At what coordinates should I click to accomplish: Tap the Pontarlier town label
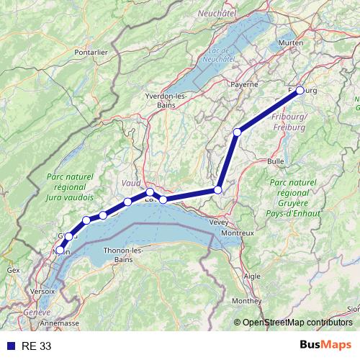91,52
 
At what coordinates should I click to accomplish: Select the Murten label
292,43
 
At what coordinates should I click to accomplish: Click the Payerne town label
245,84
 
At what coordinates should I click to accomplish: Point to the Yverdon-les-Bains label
166,100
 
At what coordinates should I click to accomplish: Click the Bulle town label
276,161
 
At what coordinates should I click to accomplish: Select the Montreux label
238,233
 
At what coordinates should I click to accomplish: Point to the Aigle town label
253,276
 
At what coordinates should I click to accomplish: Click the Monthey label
247,300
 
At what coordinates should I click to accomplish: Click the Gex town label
13,269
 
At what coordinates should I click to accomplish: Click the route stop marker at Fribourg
300,90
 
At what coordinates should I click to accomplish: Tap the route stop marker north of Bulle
237,132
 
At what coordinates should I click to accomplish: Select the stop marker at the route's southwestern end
59,251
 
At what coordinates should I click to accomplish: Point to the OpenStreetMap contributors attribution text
297,322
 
